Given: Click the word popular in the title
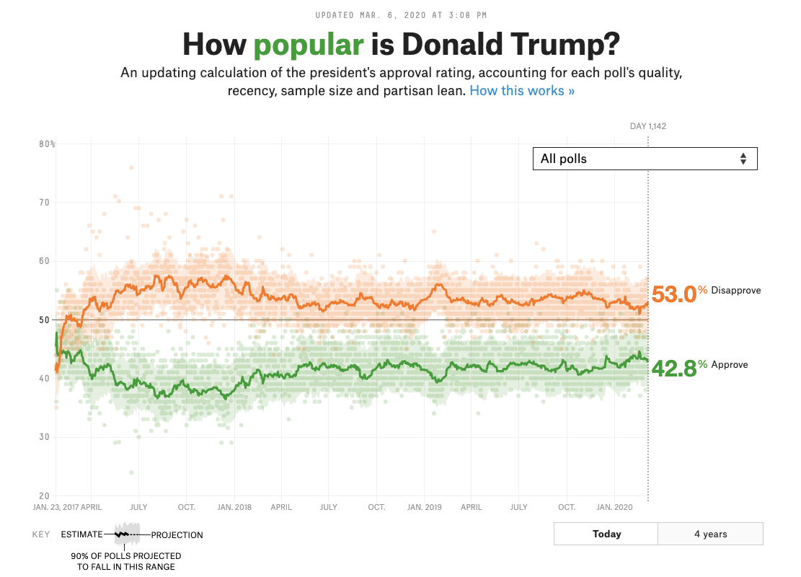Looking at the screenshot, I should pyautogui.click(x=309, y=45).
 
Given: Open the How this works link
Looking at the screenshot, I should pyautogui.click(x=522, y=91).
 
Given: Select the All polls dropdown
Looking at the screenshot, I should pyautogui.click(x=645, y=159).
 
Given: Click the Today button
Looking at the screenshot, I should pyautogui.click(x=606, y=534).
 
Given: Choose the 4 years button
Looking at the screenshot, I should pyautogui.click(x=710, y=534).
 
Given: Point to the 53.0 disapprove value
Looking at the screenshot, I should pyautogui.click(x=673, y=294).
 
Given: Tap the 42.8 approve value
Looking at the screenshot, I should pyautogui.click(x=673, y=368).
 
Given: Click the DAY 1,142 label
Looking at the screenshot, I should pyautogui.click(x=647, y=126).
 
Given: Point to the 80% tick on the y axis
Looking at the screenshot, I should pyautogui.click(x=47, y=144).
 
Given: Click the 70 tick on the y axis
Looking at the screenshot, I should pyautogui.click(x=44, y=203).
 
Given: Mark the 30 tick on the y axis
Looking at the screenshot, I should pyautogui.click(x=44, y=437).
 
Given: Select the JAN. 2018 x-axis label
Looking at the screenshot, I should pyautogui.click(x=234, y=507).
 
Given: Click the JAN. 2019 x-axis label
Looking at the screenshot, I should pyautogui.click(x=424, y=507).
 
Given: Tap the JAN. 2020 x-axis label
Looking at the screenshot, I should pyautogui.click(x=614, y=507).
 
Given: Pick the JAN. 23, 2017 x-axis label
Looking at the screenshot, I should pyautogui.click(x=56, y=507).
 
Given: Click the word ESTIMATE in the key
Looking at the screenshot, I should pyautogui.click(x=81, y=535).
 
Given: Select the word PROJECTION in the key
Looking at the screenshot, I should pyautogui.click(x=177, y=535).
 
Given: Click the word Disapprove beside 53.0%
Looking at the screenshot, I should pyautogui.click(x=735, y=291).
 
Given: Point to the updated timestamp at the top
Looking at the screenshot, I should pyautogui.click(x=400, y=14).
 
